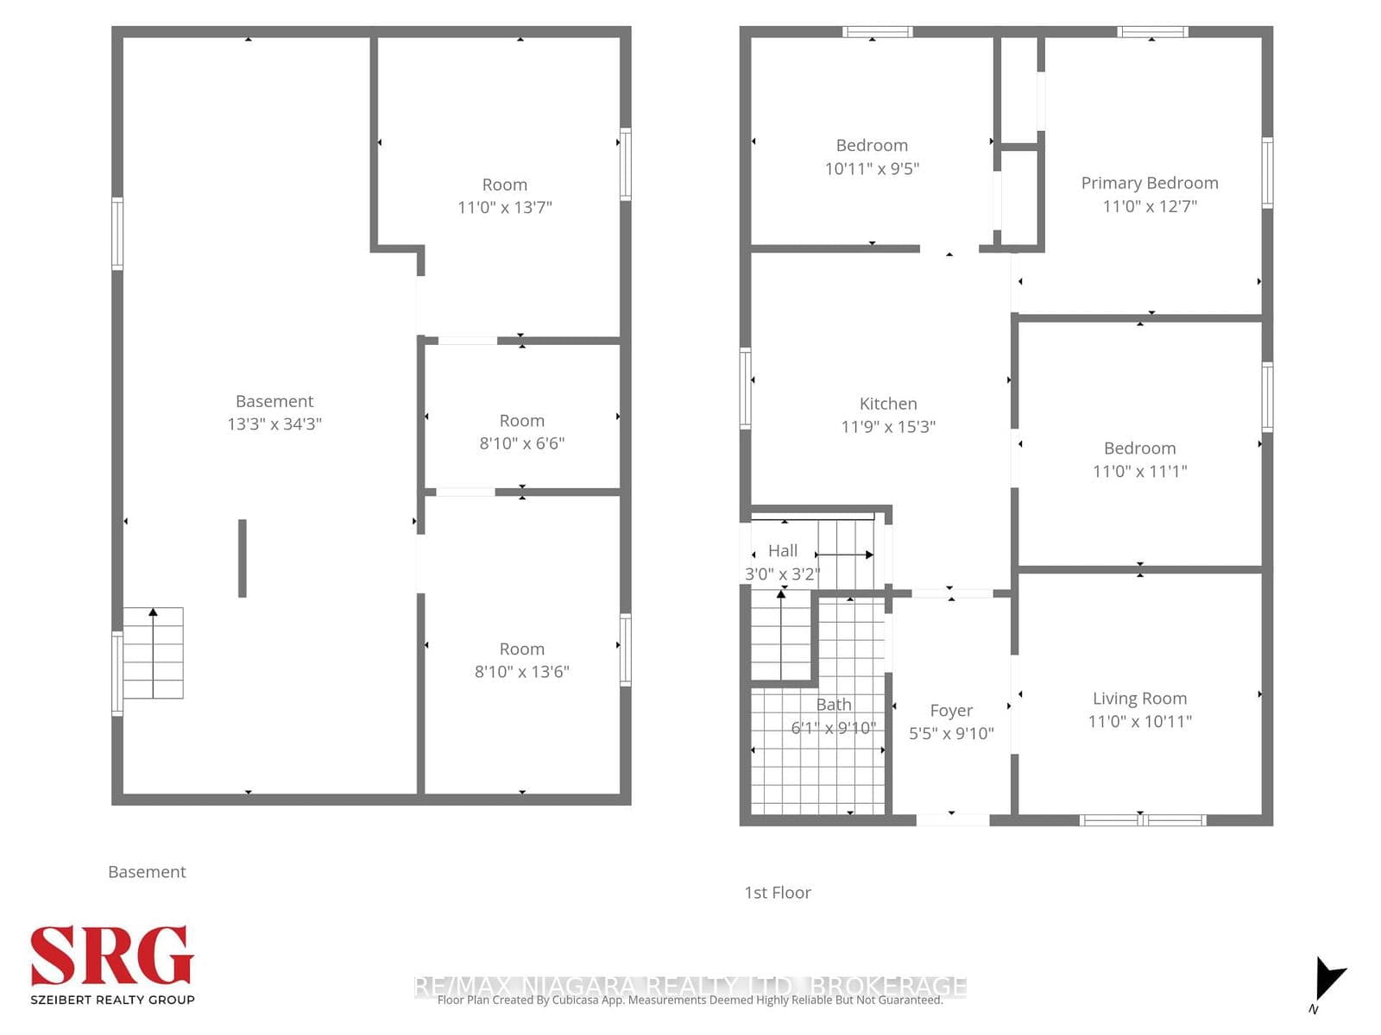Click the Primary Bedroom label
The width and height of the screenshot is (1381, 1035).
click(1149, 183)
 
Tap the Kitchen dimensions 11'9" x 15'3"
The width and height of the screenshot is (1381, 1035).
click(888, 426)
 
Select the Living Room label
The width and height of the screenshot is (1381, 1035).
click(1139, 699)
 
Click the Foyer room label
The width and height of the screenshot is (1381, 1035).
click(951, 711)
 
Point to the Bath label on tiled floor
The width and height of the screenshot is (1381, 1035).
click(833, 705)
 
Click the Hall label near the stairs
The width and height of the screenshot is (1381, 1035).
click(783, 550)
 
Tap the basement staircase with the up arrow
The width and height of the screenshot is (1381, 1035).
click(153, 653)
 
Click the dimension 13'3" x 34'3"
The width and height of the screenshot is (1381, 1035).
click(274, 423)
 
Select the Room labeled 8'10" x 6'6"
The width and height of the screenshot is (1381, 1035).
click(521, 421)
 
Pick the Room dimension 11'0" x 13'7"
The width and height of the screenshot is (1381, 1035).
click(504, 207)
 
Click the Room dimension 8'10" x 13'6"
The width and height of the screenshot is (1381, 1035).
click(521, 672)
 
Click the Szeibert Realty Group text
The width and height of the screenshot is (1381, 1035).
click(112, 1000)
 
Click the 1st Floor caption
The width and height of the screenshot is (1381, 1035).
click(777, 893)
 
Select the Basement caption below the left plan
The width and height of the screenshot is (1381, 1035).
click(147, 872)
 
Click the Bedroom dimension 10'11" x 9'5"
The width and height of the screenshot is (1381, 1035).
click(872, 169)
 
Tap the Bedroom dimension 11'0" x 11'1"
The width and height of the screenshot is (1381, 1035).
click(1139, 471)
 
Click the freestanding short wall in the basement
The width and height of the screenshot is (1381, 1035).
click(243, 558)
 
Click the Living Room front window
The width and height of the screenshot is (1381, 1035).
click(1142, 819)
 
